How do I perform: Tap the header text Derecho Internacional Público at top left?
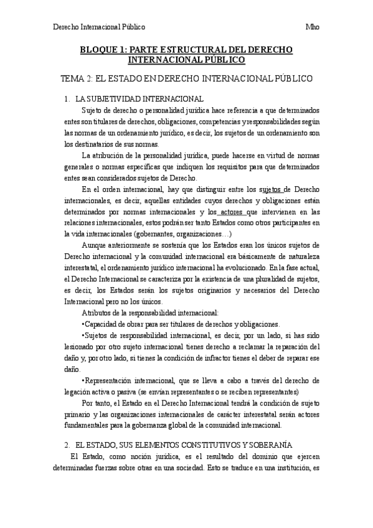point(100,27)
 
